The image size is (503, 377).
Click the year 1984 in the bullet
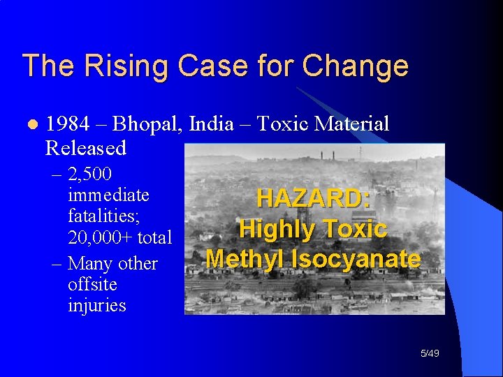point(67,124)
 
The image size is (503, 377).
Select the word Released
point(85,148)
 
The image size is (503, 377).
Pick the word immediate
point(108,195)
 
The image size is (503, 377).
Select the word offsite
point(92,285)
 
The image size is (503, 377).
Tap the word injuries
point(96,306)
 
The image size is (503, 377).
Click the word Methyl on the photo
point(245,259)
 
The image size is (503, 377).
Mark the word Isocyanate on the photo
point(355,259)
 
